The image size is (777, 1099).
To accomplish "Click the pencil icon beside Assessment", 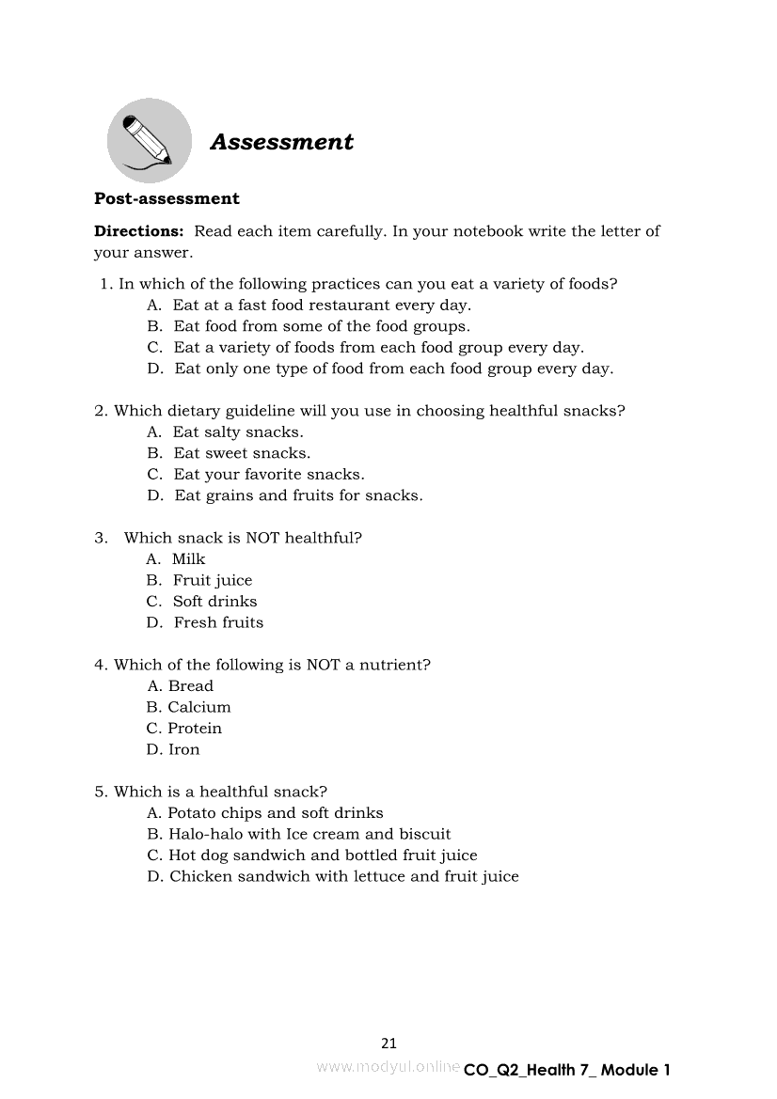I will [x=149, y=141].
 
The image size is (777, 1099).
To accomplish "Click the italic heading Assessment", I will [x=281, y=142].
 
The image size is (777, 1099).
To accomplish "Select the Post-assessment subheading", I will [x=166, y=198].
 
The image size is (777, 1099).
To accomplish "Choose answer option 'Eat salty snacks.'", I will [x=238, y=432].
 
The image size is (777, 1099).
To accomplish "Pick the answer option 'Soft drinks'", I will [x=214, y=602].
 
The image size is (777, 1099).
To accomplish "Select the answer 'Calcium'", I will [x=198, y=707].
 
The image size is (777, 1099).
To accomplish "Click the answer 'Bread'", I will [x=191, y=686].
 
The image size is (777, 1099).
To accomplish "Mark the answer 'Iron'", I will [x=183, y=749].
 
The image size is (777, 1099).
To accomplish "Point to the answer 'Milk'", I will [x=188, y=559].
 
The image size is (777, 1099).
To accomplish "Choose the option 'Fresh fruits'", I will [x=218, y=622].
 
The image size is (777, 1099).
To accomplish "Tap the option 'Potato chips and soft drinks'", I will [x=276, y=813].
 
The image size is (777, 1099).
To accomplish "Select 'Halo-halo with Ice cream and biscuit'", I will [x=309, y=834].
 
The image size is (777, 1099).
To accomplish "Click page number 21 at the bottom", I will [x=389, y=1043].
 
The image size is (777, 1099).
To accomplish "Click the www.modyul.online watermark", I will [x=388, y=1067].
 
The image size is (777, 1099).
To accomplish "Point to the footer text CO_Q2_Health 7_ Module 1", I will [x=567, y=1070].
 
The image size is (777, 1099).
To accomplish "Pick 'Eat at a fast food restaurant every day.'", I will [x=322, y=306].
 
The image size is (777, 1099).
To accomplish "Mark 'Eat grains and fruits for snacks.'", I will [x=298, y=495].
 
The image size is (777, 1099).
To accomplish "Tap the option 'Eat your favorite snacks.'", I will [x=269, y=475].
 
